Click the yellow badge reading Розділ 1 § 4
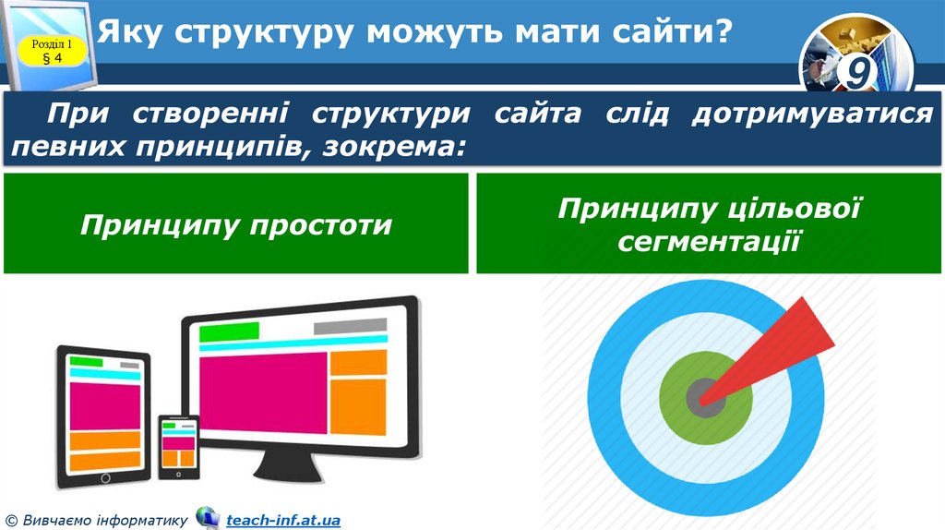coord(53,52)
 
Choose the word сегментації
coord(707,242)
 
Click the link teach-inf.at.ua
coord(283,521)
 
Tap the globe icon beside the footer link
coord(208,518)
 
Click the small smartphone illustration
coord(178,447)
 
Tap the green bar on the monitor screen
coord(229,331)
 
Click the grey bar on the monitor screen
coord(350,327)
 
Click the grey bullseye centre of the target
coord(703,398)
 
